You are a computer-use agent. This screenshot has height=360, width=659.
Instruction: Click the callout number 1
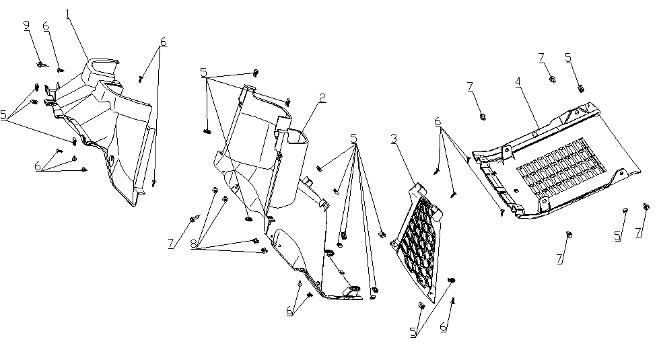(69, 14)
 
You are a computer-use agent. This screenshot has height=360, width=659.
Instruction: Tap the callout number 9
(26, 26)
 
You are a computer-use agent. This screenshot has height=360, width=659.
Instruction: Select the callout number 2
(322, 98)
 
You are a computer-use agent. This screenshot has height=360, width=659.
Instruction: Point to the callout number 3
(394, 139)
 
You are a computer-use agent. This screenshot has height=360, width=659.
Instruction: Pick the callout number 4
(518, 82)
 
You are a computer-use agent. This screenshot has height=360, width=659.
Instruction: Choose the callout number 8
(194, 244)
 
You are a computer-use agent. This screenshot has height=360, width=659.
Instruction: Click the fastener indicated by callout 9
(41, 65)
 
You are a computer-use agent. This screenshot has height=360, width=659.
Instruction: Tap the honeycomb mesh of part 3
(419, 244)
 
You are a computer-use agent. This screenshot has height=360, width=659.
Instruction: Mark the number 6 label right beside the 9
(46, 26)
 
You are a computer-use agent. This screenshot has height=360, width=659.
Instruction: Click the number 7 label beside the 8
(171, 244)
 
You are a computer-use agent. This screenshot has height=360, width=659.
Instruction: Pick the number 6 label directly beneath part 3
(444, 327)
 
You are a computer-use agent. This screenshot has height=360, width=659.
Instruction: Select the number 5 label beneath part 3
(413, 332)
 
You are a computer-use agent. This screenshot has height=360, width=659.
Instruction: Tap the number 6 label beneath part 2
(289, 312)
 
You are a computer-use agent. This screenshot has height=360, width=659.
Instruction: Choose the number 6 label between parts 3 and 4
(438, 122)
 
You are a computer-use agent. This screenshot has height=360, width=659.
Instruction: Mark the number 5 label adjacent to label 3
(354, 139)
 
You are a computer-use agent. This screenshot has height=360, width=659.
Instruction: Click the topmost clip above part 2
(255, 73)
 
